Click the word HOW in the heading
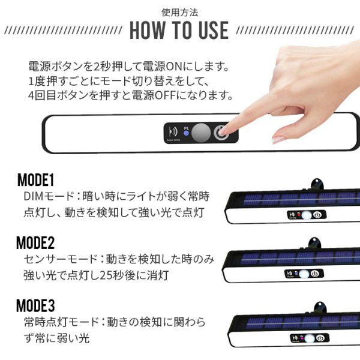click(148, 31)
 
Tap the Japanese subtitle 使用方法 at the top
click(179, 13)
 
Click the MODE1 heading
click(35, 180)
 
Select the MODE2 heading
click(35, 243)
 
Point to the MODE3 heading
click(35, 305)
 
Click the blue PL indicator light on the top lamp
click(186, 133)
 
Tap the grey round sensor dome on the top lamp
click(201, 133)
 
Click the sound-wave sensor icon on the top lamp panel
click(173, 132)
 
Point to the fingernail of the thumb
click(278, 139)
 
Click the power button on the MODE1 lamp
click(317, 215)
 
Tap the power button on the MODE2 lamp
click(315, 274)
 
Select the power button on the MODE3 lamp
click(320, 338)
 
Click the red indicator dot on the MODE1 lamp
click(299, 215)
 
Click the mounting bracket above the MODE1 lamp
click(317, 184)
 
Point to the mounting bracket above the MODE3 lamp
click(320, 308)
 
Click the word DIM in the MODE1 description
click(34, 196)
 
